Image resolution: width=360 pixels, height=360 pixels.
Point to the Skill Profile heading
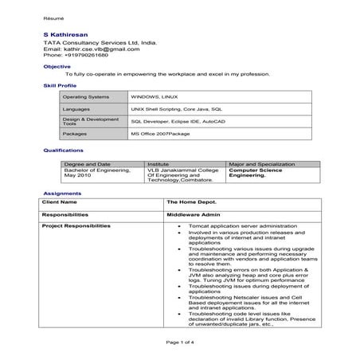(60, 84)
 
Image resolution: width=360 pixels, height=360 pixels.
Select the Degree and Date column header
(86, 164)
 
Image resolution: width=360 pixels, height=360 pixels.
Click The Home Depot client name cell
(187, 202)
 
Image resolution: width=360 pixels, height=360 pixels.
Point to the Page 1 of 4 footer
(179, 342)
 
